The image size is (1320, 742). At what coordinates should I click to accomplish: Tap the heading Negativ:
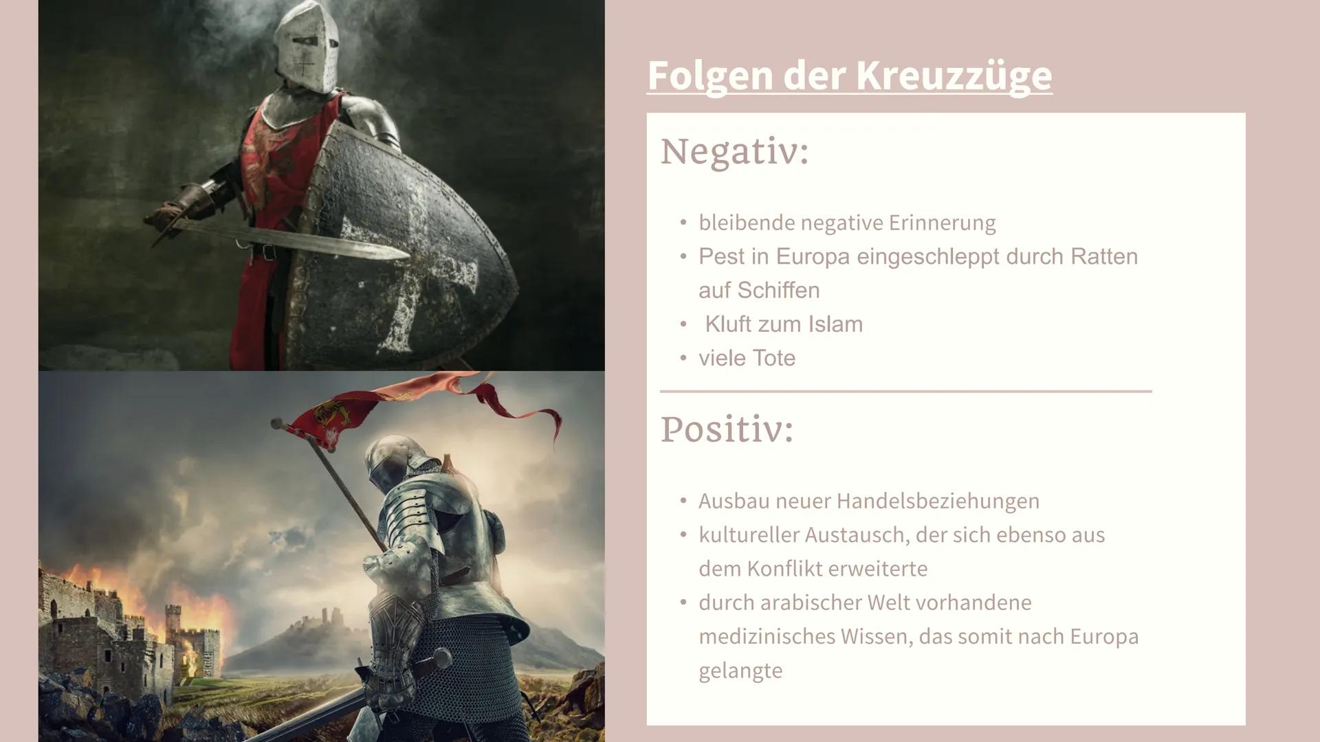click(x=734, y=151)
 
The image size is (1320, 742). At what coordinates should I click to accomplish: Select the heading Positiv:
click(x=727, y=429)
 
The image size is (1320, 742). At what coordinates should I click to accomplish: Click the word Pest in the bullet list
click(x=720, y=257)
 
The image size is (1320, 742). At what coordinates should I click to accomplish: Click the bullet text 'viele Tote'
click(x=747, y=358)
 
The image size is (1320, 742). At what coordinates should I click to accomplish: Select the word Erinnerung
click(x=942, y=223)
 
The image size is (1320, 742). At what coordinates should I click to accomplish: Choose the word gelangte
click(x=740, y=671)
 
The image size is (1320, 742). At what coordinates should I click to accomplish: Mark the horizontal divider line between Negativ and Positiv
click(x=905, y=391)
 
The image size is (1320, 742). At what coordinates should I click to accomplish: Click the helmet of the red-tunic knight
click(x=306, y=48)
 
